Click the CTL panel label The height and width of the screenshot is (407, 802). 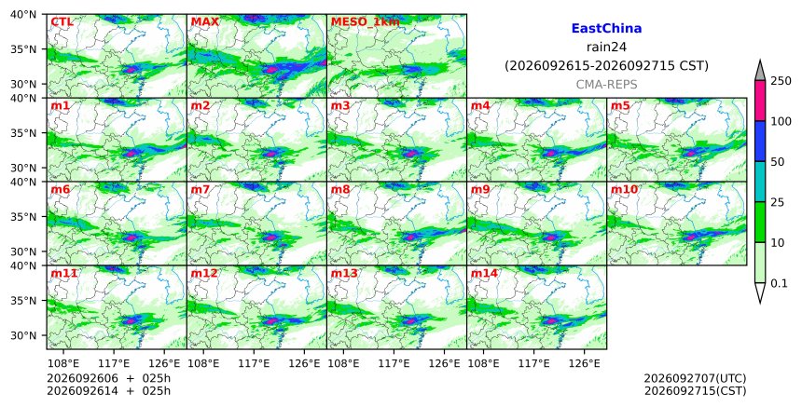coord(62,22)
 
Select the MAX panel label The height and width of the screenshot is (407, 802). coord(204,22)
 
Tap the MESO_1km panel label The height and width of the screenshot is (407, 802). coord(366,22)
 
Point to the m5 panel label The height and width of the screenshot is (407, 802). coord(620,105)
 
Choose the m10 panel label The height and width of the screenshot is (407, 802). coord(624,189)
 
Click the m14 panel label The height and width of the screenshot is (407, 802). coord(484,273)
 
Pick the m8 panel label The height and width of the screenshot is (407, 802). coord(340,189)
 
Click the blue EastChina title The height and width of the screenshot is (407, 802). coord(606,29)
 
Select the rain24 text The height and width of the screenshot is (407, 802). coord(606,47)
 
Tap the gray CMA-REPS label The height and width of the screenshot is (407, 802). coord(606,85)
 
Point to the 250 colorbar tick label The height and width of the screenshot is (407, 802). coord(781,81)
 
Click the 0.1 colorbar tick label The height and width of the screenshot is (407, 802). coord(779,283)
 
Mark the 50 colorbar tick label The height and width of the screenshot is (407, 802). coord(778,162)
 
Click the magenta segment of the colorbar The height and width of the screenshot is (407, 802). coord(759,101)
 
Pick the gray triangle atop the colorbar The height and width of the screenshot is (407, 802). coord(759,71)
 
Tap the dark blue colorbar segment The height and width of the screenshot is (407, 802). coord(759,142)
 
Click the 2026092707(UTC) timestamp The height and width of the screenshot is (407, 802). coord(695,379)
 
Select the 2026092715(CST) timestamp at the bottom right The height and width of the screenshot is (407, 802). coord(695,391)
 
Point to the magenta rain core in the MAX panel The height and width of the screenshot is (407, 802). coord(271,68)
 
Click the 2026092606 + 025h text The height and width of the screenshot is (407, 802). coord(108,379)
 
